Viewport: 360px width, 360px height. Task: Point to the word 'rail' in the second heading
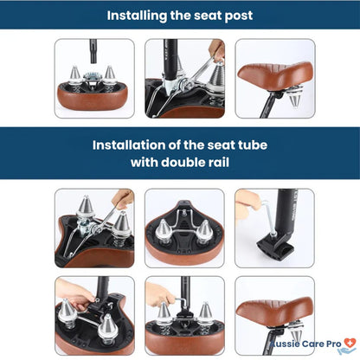(x=218, y=163)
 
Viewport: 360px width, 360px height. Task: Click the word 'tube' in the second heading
(x=253, y=145)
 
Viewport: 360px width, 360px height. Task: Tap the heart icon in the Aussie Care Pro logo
(x=350, y=343)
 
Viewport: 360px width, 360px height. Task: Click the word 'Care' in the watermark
(x=313, y=344)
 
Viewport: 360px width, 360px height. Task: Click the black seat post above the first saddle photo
(x=93, y=51)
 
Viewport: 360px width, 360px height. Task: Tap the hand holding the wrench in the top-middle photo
(x=217, y=49)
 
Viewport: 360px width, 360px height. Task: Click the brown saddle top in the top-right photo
(x=275, y=76)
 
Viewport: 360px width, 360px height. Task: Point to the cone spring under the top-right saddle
(x=294, y=100)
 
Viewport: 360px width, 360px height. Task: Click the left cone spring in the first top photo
(x=74, y=76)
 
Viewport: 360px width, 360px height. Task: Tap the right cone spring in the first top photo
(x=109, y=76)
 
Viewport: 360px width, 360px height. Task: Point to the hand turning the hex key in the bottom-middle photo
(x=158, y=295)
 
